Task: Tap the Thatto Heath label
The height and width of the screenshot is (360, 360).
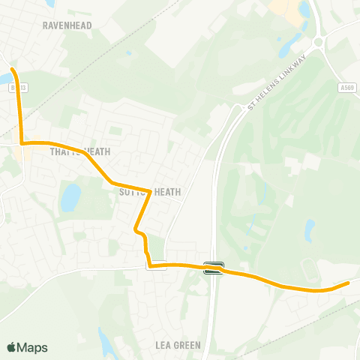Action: [x=80, y=151]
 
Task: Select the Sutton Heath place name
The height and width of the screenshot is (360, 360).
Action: [x=150, y=192]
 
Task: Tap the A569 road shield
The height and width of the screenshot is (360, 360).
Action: [x=346, y=88]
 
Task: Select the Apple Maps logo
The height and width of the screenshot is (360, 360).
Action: [x=27, y=347]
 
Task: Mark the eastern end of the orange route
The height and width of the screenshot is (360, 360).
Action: [x=348, y=283]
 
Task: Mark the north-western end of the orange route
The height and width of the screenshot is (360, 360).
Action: [x=13, y=70]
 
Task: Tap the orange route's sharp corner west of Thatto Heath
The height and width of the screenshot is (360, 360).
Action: [x=22, y=142]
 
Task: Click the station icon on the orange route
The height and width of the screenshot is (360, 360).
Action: [x=214, y=267]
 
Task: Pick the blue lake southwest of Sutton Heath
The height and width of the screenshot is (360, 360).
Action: [x=71, y=198]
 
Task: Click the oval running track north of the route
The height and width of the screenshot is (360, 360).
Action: [x=308, y=268]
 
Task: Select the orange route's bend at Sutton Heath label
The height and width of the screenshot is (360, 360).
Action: [x=150, y=192]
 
